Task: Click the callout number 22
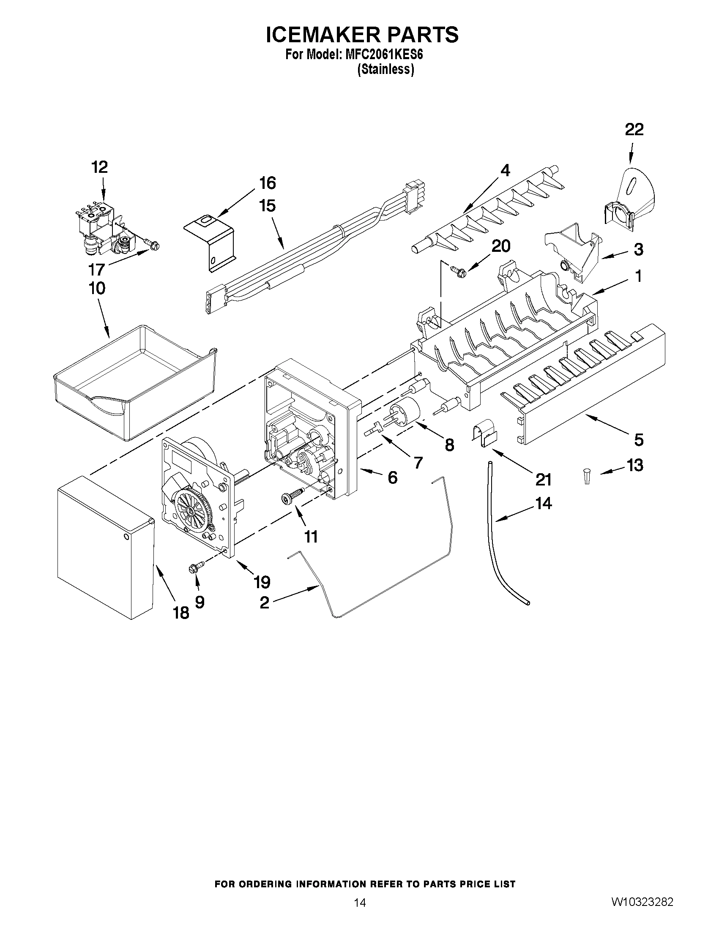634,129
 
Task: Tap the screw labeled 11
292,496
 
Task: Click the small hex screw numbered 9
196,567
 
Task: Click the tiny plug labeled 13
587,476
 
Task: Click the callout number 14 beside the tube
543,503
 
